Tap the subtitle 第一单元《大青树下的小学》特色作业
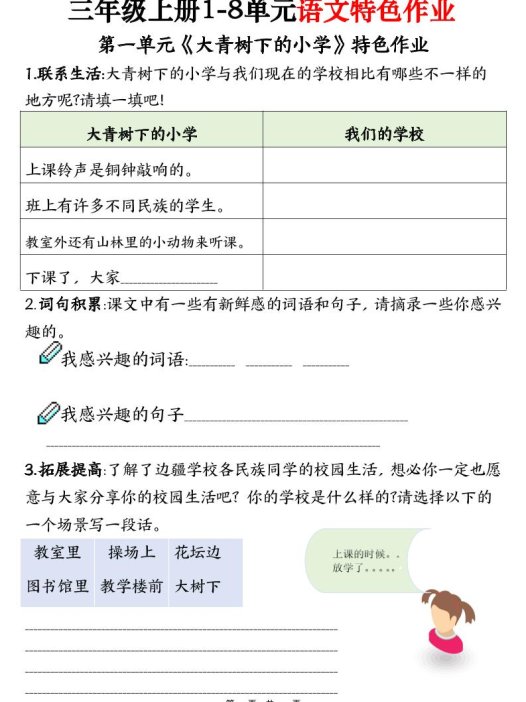click(x=264, y=45)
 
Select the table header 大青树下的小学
click(x=141, y=132)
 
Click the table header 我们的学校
click(x=385, y=132)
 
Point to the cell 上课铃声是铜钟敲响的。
click(x=109, y=169)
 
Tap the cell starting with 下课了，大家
click(x=120, y=277)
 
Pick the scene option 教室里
click(x=57, y=553)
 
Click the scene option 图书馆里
click(x=57, y=588)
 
